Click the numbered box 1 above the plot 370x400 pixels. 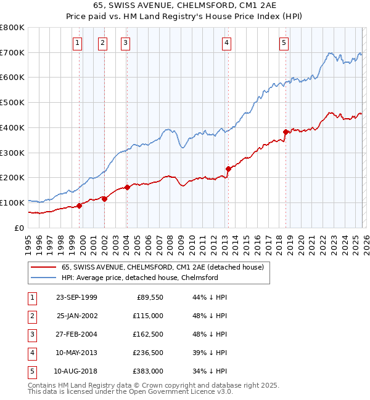click(x=77, y=42)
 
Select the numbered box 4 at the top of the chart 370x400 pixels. click(x=227, y=42)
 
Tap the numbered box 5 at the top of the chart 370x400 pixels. click(x=284, y=42)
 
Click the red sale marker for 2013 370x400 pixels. click(x=228, y=168)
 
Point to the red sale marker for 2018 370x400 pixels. click(x=286, y=132)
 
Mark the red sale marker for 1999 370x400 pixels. click(x=80, y=206)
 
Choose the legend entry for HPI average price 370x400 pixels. click(x=139, y=278)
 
